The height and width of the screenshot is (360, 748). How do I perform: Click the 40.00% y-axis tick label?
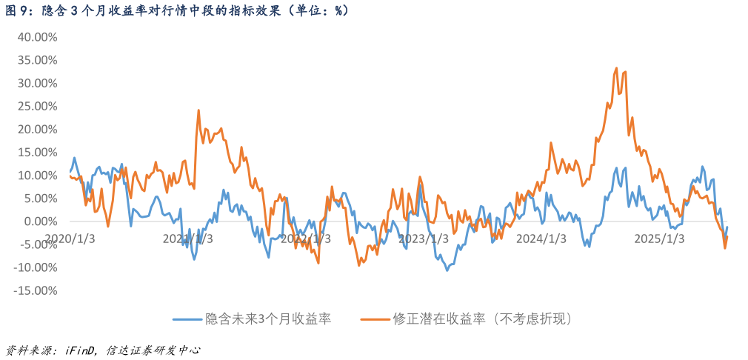(36, 37)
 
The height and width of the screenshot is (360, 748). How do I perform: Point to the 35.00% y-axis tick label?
(36, 60)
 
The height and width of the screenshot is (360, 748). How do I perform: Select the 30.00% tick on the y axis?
(36, 83)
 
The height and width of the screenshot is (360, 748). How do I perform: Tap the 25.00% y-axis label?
(36, 106)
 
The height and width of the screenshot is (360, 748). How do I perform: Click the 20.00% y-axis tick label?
(36, 129)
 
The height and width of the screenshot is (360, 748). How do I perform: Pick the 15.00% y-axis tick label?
(36, 152)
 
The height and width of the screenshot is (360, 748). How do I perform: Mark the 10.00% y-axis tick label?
(36, 175)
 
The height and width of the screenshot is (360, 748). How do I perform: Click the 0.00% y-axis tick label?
(39, 221)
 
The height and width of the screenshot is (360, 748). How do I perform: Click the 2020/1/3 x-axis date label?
(70, 239)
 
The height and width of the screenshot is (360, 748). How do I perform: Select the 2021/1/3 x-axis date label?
(188, 239)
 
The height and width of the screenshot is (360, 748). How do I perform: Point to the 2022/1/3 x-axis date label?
(306, 239)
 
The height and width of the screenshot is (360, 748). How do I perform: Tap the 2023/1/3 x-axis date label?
(424, 239)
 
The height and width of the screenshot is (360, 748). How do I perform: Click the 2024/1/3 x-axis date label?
(541, 239)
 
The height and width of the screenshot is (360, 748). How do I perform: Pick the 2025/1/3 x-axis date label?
(659, 239)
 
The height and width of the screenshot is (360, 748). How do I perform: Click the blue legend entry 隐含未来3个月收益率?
(252, 319)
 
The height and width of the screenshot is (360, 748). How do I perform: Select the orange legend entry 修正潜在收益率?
(467, 319)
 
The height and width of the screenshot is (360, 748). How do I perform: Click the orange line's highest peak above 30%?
(617, 68)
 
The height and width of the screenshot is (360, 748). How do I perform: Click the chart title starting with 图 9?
(178, 10)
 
